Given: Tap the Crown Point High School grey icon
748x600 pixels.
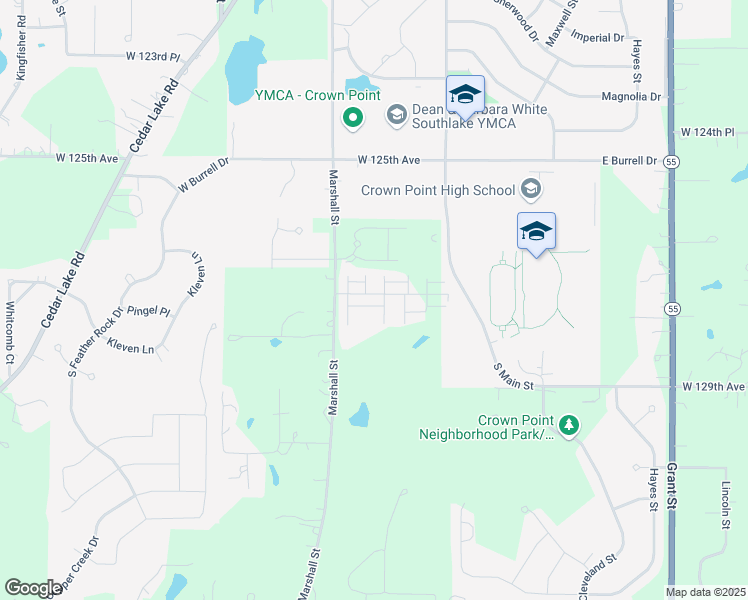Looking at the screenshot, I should tap(530, 189).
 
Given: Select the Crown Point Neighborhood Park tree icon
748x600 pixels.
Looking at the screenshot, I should tap(569, 426).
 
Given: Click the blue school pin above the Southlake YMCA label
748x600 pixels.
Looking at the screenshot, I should tap(464, 96).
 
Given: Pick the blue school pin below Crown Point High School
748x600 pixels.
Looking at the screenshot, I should tap(536, 232).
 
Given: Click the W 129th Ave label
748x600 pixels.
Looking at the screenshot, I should tap(714, 386).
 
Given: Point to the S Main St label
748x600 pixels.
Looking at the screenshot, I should tap(514, 377).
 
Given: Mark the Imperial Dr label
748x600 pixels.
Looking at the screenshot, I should tap(598, 37).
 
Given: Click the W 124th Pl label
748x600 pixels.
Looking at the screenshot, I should tap(707, 132).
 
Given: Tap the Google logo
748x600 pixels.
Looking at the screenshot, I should tap(32, 588).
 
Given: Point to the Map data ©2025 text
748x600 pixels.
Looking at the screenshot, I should tap(705, 592).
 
